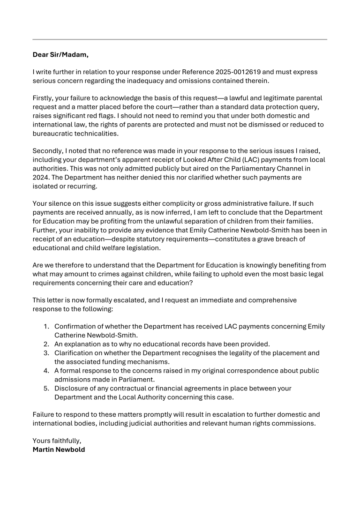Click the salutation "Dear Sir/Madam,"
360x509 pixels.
click(60, 55)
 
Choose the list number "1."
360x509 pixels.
click(47, 326)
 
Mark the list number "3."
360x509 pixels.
click(47, 352)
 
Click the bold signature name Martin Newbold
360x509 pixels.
click(59, 449)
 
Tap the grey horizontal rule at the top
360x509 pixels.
click(180, 39)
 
